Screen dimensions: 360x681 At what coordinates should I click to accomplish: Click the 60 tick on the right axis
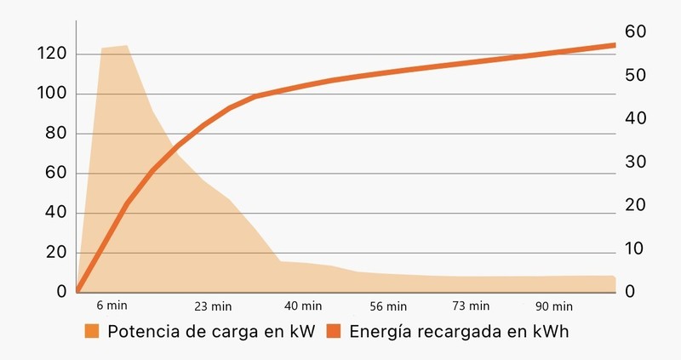click(637, 31)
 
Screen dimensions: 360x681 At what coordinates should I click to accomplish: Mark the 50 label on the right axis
click(637, 75)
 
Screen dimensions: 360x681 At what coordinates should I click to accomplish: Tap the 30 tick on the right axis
click(637, 162)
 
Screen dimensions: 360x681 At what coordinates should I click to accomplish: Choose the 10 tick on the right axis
click(636, 249)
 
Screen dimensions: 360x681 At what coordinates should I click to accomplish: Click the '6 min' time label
click(112, 306)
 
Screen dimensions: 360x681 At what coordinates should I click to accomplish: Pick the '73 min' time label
click(471, 306)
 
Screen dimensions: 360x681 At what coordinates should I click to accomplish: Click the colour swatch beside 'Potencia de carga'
click(93, 331)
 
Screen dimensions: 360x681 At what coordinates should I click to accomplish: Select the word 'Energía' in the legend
click(379, 332)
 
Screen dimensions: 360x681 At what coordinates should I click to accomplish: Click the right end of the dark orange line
click(613, 44)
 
